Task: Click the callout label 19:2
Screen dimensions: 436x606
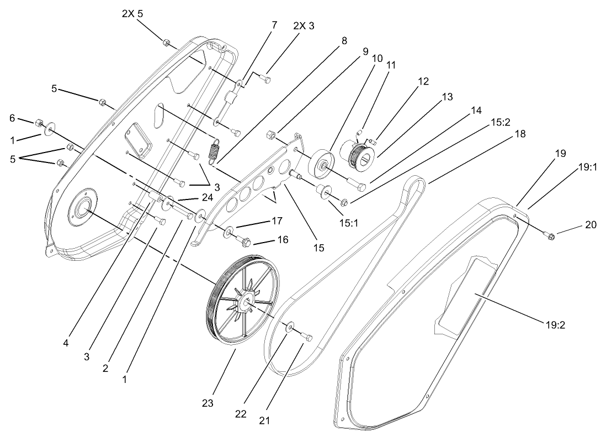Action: coord(555,324)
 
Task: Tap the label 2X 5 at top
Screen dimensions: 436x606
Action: coord(132,14)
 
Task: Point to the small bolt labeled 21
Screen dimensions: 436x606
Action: coord(307,337)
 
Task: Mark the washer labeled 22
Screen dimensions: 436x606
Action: coord(289,329)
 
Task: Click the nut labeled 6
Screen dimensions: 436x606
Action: coord(39,122)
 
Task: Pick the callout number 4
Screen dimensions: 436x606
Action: coord(66,343)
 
